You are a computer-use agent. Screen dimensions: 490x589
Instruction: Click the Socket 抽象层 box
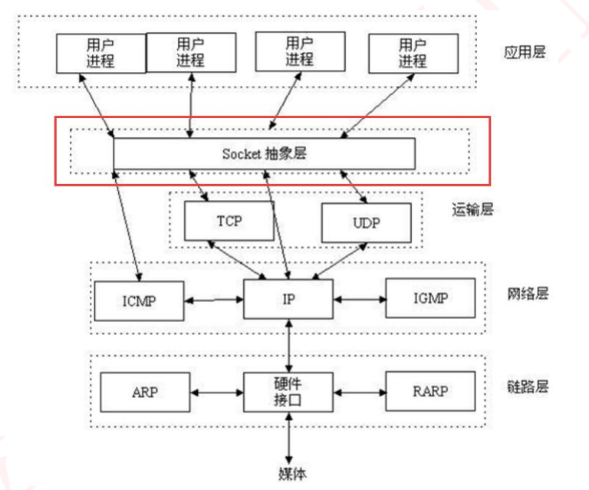coord(264,153)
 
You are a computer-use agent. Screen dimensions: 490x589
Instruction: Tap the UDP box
coord(365,222)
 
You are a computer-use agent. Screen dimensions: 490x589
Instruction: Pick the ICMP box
coord(139,300)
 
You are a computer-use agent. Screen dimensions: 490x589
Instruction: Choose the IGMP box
coord(430,298)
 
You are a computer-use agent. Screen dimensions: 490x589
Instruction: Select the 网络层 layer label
coord(527,294)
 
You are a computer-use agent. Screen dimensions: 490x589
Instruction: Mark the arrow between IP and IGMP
coord(359,299)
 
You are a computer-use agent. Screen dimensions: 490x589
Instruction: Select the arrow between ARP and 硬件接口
coord(216,392)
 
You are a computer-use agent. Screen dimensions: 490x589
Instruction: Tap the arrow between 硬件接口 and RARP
coord(359,392)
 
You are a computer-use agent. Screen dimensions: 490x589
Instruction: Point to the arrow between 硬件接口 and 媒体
coord(290,437)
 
